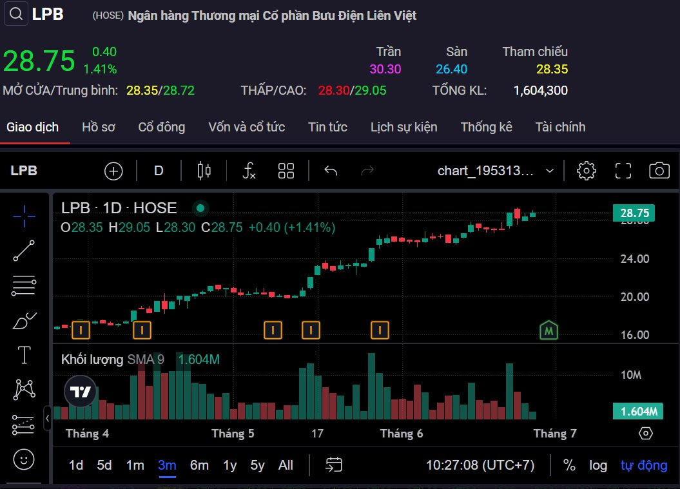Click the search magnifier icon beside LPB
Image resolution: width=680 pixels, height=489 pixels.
16,14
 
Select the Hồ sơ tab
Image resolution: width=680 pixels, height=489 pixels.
99,127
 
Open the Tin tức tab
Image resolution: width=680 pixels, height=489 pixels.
327,127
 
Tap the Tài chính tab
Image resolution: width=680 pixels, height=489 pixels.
560,127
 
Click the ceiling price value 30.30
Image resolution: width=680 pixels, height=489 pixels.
385,69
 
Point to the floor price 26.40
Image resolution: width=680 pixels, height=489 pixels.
451,69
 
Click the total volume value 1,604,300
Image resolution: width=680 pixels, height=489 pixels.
540,90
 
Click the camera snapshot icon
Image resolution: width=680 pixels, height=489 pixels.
659,170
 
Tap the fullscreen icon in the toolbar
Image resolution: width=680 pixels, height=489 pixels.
623,170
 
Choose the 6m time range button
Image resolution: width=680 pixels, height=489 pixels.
199,465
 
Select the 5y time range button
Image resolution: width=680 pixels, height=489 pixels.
257,465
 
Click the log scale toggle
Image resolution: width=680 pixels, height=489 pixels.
597,465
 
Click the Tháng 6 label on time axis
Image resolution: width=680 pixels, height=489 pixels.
402,434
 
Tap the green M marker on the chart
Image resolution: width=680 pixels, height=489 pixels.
549,330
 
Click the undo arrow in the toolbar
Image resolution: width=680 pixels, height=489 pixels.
331,170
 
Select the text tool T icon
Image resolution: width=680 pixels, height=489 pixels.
24,354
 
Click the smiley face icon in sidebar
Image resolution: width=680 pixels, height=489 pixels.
24,459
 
